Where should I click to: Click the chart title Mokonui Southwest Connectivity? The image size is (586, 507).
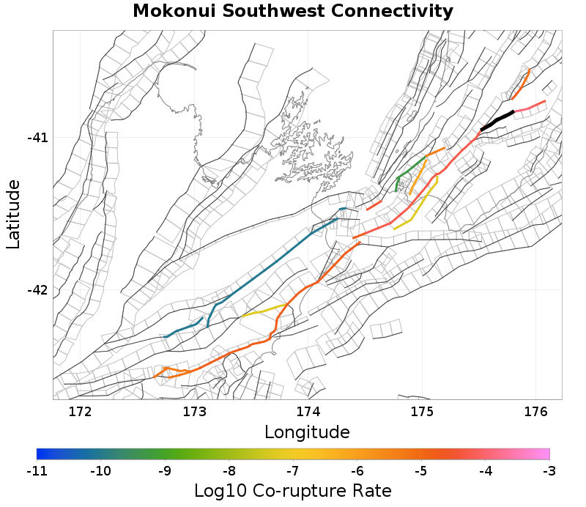pyautogui.click(x=293, y=12)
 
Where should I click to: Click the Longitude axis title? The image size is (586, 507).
pyautogui.click(x=307, y=431)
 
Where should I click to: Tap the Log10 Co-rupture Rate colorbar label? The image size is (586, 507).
pyautogui.click(x=293, y=490)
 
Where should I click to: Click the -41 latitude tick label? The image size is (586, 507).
pyautogui.click(x=37, y=138)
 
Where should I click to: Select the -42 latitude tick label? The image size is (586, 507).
pyautogui.click(x=37, y=290)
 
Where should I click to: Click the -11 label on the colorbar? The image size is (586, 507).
pyautogui.click(x=37, y=470)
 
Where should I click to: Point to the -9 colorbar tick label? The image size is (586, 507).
pyautogui.click(x=165, y=470)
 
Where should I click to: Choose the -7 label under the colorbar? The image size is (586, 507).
pyautogui.click(x=293, y=470)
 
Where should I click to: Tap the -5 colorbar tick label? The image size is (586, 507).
pyautogui.click(x=421, y=470)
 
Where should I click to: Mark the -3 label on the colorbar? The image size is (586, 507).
pyautogui.click(x=549, y=470)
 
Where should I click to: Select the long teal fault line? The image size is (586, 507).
pyautogui.click(x=278, y=260)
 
